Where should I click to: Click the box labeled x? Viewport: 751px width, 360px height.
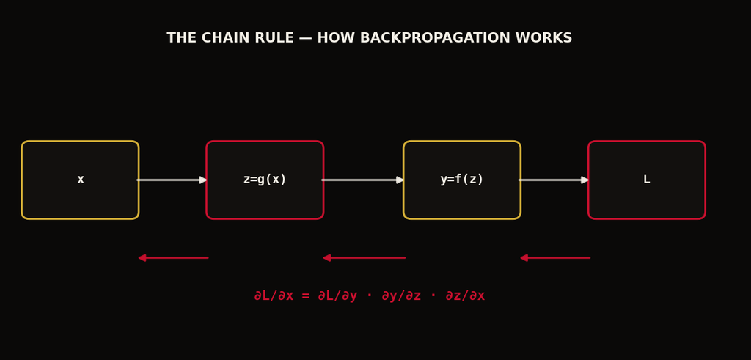[x=80, y=180]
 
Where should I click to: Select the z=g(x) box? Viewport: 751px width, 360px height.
[x=265, y=180]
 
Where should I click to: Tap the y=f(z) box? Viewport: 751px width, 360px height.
[x=462, y=180]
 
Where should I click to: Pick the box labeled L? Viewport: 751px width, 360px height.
[x=647, y=180]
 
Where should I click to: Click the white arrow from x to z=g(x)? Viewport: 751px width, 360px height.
[x=172, y=180]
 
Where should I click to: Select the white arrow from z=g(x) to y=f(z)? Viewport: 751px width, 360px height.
[x=362, y=180]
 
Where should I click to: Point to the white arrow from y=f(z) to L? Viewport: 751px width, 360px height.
[x=554, y=180]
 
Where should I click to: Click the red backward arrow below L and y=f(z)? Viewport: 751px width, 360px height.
[x=555, y=258]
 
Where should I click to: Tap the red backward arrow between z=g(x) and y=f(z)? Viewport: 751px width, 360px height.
[x=364, y=258]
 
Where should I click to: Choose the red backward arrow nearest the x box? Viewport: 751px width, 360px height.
[x=173, y=258]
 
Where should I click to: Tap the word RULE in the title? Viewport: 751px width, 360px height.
[x=276, y=38]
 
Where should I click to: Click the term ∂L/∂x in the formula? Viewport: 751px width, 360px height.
[x=274, y=296]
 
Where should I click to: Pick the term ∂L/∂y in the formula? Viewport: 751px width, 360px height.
[x=337, y=296]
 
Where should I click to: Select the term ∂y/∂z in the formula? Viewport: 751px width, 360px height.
[x=401, y=296]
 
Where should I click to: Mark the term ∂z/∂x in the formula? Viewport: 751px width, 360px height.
[x=464, y=296]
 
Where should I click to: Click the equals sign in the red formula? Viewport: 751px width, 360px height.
[x=306, y=296]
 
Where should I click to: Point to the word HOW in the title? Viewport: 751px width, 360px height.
[x=334, y=38]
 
